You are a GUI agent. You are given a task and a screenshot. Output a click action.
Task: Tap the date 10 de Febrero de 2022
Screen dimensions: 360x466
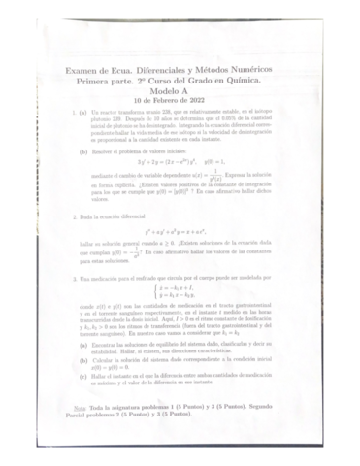click(x=179, y=98)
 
